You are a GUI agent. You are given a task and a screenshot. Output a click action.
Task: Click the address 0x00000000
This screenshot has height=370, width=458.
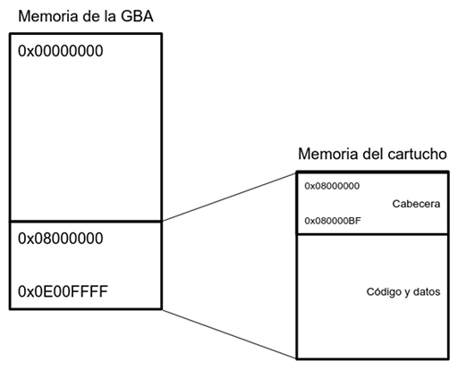(x=61, y=51)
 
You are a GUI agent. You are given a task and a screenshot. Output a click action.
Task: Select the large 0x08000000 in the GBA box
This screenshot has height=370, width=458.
(x=61, y=239)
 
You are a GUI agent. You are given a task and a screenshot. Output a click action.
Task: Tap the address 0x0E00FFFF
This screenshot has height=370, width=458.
(x=63, y=291)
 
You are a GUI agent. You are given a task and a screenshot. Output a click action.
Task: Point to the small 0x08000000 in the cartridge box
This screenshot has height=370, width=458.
(x=332, y=186)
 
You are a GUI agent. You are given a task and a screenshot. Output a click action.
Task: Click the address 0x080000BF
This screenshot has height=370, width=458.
(x=333, y=221)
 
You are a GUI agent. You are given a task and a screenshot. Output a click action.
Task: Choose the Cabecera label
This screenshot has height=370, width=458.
(x=416, y=204)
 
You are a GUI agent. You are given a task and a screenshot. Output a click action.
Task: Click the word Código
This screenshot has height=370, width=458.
(x=383, y=292)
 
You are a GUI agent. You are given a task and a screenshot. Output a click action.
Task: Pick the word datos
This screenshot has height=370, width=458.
(x=427, y=292)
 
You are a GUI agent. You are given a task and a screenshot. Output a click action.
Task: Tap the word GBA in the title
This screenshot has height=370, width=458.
(x=137, y=16)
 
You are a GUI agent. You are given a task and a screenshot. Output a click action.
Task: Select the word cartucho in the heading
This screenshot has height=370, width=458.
(x=418, y=154)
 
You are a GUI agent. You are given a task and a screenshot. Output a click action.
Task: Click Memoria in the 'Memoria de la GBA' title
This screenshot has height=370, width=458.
(x=49, y=16)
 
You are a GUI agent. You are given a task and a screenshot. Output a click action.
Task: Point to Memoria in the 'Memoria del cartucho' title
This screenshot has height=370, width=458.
(x=329, y=154)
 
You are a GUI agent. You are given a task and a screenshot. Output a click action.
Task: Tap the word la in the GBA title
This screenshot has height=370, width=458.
(x=110, y=16)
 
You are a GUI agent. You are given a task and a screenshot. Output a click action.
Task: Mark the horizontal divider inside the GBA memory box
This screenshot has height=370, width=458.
(x=86, y=222)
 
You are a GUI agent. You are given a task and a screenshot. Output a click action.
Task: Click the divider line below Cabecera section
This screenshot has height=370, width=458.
(x=373, y=234)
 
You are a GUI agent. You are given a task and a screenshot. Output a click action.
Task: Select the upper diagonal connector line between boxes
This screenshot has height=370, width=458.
(x=229, y=198)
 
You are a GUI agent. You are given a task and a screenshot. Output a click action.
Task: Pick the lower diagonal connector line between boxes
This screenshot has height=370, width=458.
(x=229, y=333)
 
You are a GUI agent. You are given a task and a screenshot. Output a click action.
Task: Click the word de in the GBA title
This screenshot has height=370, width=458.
(x=92, y=16)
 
